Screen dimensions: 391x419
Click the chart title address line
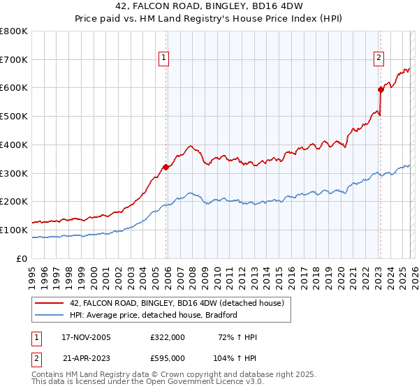point(209,6)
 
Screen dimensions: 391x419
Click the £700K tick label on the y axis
point(14,60)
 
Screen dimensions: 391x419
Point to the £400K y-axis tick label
point(14,145)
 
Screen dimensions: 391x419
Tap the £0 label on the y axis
point(22,258)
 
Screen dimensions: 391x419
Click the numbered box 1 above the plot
point(163,59)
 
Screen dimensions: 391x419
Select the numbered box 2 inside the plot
point(378,59)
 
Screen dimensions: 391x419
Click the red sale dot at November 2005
point(166,167)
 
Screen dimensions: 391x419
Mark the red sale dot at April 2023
point(381,89)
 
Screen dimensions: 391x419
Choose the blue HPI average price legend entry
point(154,315)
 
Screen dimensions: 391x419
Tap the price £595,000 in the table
point(167,357)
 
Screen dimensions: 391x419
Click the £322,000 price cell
point(167,337)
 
